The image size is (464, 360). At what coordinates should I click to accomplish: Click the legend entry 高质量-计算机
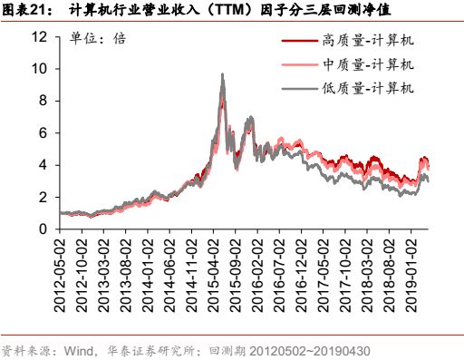click(367, 41)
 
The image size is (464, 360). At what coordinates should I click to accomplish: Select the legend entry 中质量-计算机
click(367, 64)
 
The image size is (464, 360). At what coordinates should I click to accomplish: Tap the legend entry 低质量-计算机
click(367, 88)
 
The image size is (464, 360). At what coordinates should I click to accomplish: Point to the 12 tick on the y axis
click(38, 37)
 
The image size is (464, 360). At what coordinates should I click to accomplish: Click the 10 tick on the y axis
click(38, 69)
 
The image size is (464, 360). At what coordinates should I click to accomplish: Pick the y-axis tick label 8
click(42, 101)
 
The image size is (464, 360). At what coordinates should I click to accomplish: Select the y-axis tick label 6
click(42, 133)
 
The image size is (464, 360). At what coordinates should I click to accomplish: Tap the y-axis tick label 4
click(42, 165)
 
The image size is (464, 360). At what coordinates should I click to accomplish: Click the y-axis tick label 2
click(42, 197)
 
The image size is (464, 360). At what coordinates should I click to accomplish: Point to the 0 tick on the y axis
click(42, 229)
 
